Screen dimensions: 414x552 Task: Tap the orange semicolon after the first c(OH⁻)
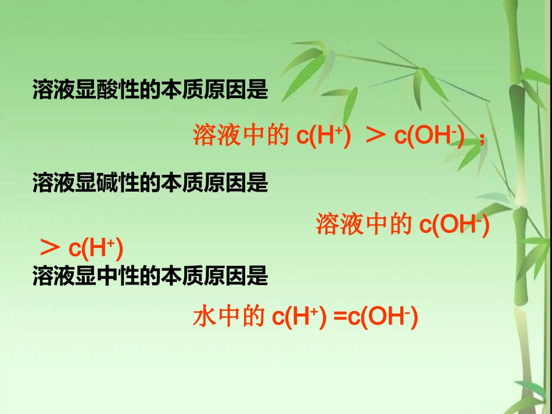(481, 139)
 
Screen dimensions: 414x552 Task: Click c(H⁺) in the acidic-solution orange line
(323, 136)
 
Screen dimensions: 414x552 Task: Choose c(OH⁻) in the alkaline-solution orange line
(454, 225)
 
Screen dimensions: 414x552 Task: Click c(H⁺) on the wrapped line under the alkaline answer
(95, 249)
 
